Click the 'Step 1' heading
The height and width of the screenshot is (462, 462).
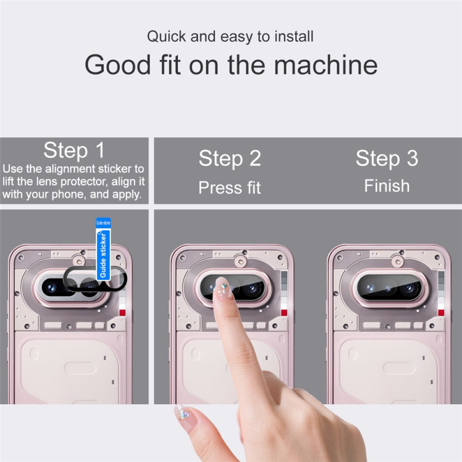click(74, 150)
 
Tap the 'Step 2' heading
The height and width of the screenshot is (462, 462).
click(230, 158)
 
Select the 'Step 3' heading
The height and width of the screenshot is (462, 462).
click(387, 158)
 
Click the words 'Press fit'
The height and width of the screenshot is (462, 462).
click(229, 187)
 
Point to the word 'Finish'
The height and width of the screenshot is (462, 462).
click(387, 186)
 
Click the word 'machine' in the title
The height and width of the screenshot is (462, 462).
click(326, 65)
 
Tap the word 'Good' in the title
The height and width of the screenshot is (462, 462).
click(118, 65)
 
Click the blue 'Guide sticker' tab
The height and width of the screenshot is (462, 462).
click(103, 249)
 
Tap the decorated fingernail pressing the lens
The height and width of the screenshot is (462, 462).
click(222, 286)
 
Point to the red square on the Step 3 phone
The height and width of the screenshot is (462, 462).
click(441, 312)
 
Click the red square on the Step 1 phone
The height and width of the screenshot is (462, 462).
click(122, 312)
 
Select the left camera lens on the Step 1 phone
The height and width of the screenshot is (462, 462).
click(51, 287)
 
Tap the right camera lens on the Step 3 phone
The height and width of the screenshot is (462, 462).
click(409, 287)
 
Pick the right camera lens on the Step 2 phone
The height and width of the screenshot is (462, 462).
click(252, 287)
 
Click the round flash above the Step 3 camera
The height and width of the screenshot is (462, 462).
click(398, 262)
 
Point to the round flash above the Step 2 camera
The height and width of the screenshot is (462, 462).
click(241, 262)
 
